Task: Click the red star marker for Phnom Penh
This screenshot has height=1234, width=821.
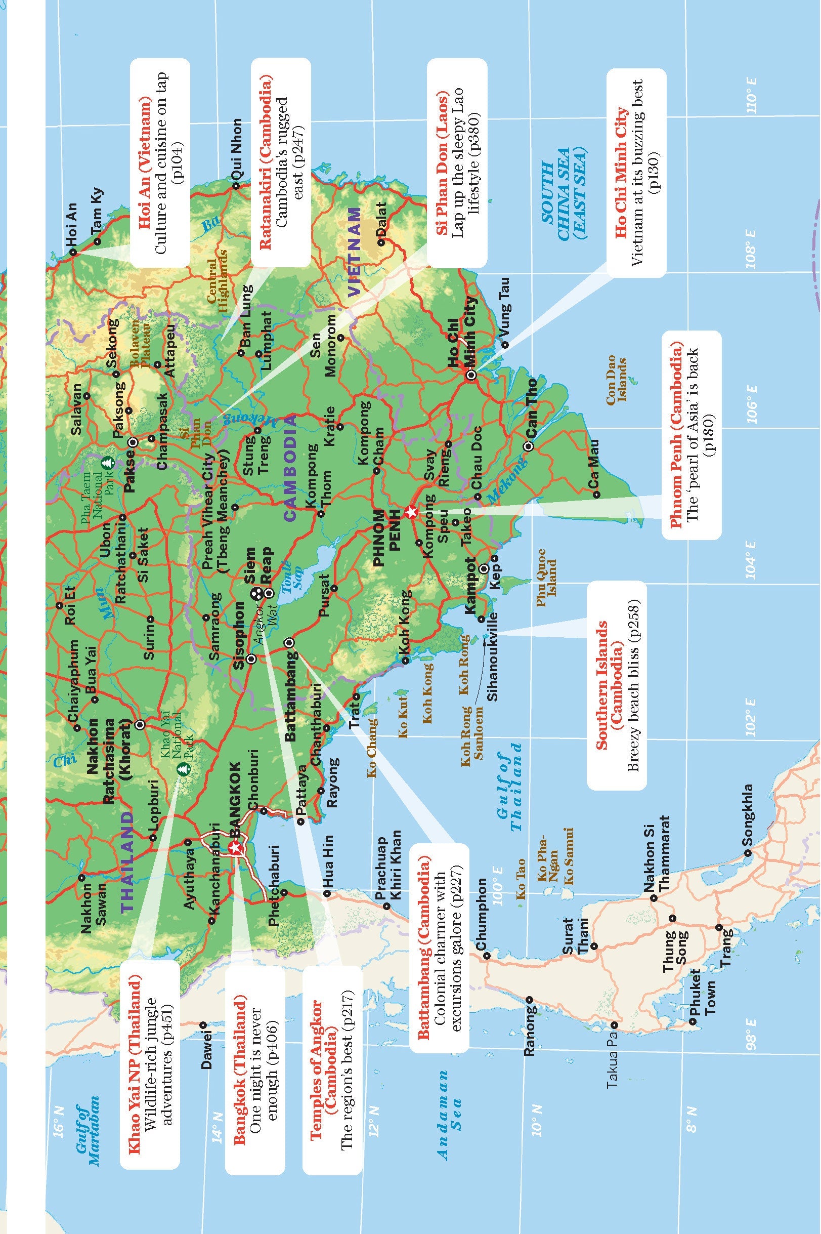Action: pos(412,512)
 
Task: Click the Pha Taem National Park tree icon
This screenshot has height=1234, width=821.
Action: pos(107,463)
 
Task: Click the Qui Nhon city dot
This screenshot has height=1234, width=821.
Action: pos(236,185)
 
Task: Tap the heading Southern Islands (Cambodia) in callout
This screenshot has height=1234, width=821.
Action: pos(608,684)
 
